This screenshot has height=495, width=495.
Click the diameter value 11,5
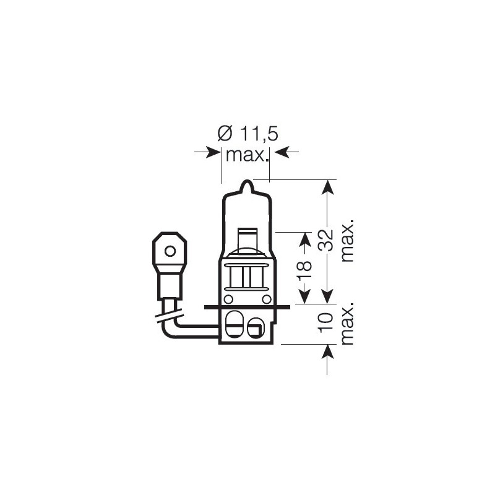point(259,134)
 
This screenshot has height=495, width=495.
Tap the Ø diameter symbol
point(225,134)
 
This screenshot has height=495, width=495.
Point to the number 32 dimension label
point(326,240)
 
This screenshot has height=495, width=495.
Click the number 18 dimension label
point(304,270)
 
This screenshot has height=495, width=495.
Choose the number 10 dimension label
point(326,322)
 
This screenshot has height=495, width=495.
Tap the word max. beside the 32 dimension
point(348,241)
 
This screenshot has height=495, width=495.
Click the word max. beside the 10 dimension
point(348,323)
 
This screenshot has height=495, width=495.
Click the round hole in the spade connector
point(170,251)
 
